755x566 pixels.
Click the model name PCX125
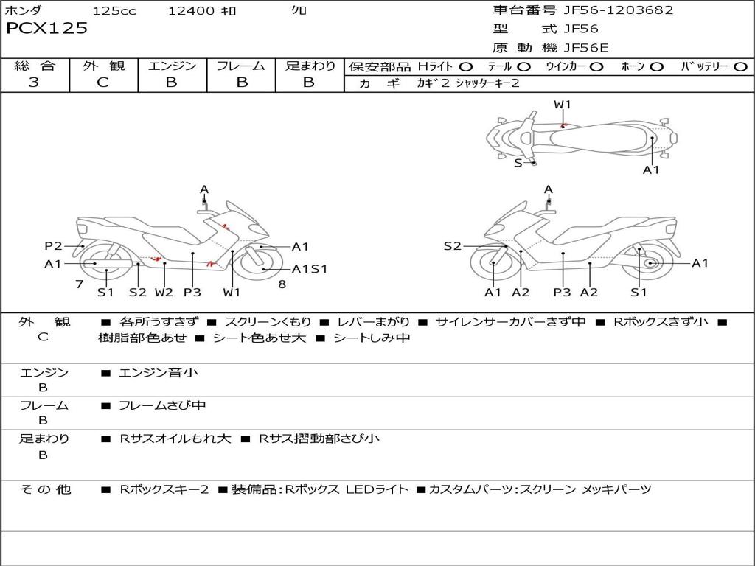coord(46,29)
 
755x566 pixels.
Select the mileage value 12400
coord(192,10)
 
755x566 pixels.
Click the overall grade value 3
coord(34,83)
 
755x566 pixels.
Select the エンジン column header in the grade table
coord(172,66)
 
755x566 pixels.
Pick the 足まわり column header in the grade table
coord(310,66)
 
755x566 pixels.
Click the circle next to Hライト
coord(466,67)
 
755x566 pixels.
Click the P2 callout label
coord(53,246)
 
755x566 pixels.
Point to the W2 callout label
coord(164,292)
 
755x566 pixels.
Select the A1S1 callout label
coord(310,269)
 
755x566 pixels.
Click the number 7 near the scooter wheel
coord(79,284)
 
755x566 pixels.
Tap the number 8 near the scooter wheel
coord(282,284)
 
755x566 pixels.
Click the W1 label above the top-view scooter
coord(563,105)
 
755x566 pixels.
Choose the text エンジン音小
coord(159,373)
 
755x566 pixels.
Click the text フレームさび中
coord(162,405)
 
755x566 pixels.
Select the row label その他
coord(45,489)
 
